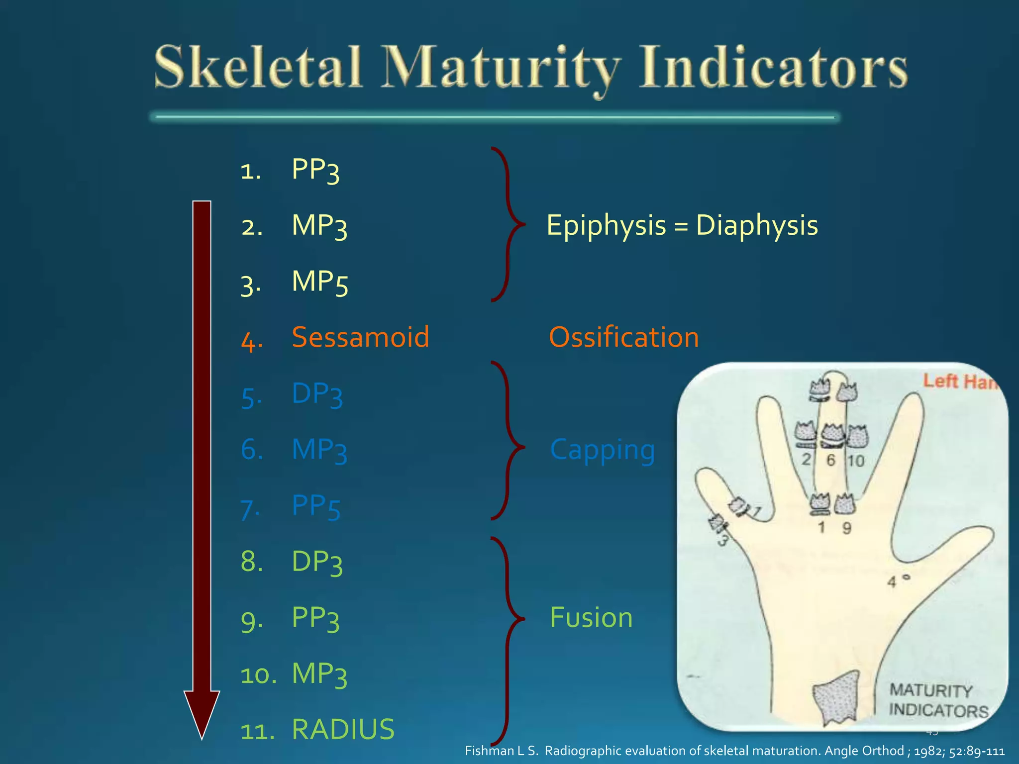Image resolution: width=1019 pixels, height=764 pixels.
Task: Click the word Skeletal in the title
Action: click(x=257, y=67)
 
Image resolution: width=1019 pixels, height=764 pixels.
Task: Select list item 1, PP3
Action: click(x=315, y=170)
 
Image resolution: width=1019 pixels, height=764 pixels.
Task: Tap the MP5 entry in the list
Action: click(x=319, y=283)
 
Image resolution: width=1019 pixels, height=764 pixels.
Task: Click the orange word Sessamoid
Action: click(x=360, y=337)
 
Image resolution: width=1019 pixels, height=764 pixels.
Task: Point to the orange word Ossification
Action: click(x=623, y=337)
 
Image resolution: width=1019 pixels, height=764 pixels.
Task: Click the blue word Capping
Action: click(x=602, y=450)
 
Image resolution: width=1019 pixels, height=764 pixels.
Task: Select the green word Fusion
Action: click(x=591, y=618)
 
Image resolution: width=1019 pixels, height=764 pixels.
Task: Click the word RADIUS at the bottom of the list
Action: click(x=343, y=729)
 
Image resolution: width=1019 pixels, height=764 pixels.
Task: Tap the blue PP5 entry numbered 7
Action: click(x=315, y=506)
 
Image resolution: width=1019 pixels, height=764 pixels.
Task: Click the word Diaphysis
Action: click(x=756, y=225)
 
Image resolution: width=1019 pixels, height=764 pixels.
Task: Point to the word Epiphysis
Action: click(x=606, y=225)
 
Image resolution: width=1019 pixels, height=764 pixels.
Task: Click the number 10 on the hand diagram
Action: click(x=856, y=461)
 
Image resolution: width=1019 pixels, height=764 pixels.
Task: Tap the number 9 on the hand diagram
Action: click(x=846, y=528)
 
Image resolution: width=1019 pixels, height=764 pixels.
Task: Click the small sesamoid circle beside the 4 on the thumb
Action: click(x=906, y=577)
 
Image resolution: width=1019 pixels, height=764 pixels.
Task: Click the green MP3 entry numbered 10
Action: click(x=319, y=674)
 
